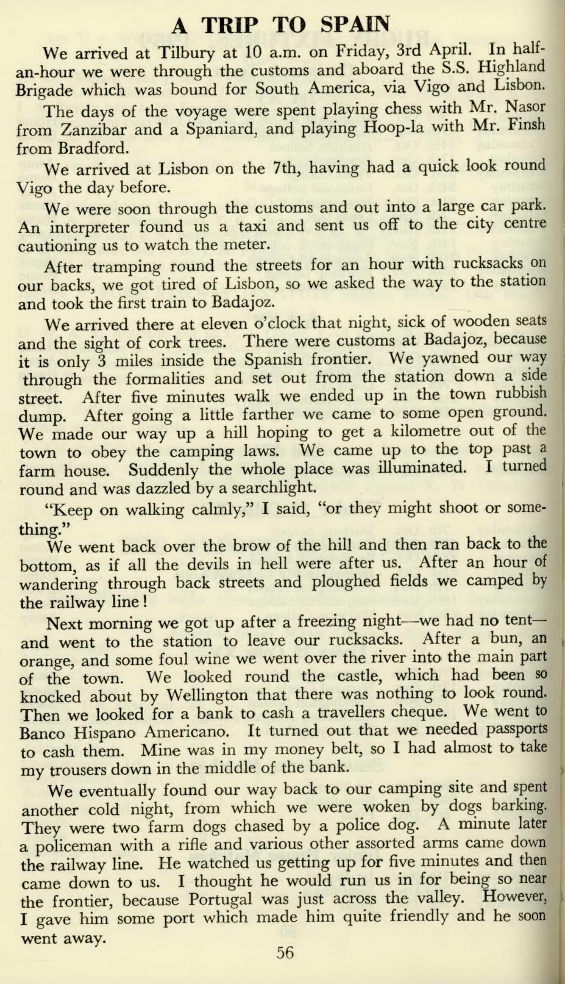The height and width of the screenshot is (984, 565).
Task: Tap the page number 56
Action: pos(285,953)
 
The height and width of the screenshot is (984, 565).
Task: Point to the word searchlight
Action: pos(273,488)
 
